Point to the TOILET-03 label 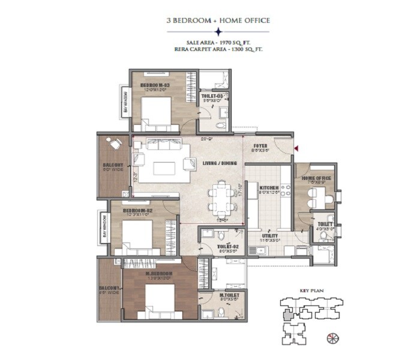point(212,96)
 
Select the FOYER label point(260,146)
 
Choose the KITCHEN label point(269,188)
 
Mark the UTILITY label point(269,236)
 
